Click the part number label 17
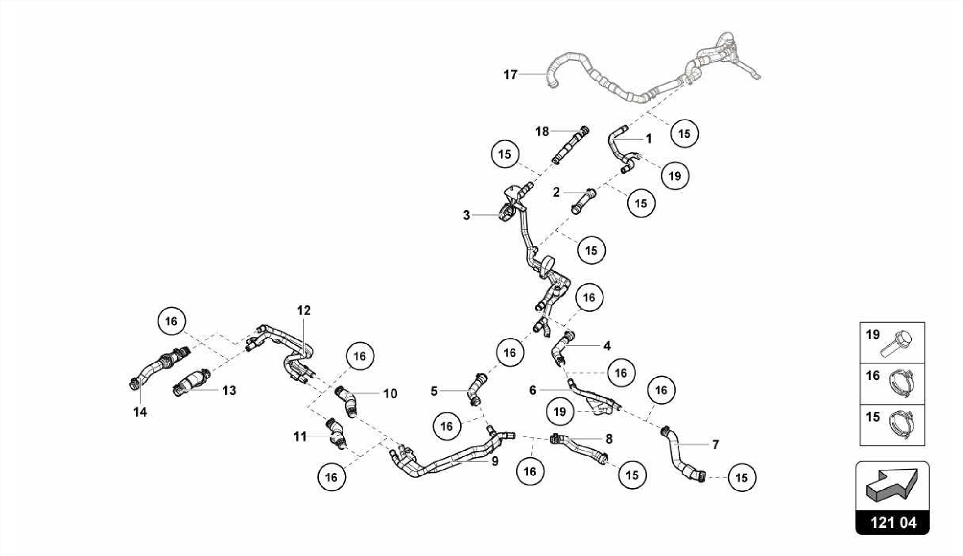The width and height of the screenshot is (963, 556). (510, 75)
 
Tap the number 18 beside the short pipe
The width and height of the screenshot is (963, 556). (542, 132)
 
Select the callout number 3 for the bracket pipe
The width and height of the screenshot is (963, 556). (466, 215)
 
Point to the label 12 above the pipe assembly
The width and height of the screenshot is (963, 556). (304, 310)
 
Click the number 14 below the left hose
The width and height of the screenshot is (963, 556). (140, 412)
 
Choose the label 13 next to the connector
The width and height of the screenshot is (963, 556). (229, 391)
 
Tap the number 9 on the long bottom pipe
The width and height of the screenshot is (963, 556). (495, 461)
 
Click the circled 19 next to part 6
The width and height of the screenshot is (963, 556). (560, 412)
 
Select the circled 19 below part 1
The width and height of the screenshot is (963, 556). (675, 176)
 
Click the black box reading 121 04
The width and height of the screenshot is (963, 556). (892, 523)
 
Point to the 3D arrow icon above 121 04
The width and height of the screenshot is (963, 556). (892, 484)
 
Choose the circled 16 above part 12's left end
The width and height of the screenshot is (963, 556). (172, 321)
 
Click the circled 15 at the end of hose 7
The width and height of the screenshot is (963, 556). (742, 478)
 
